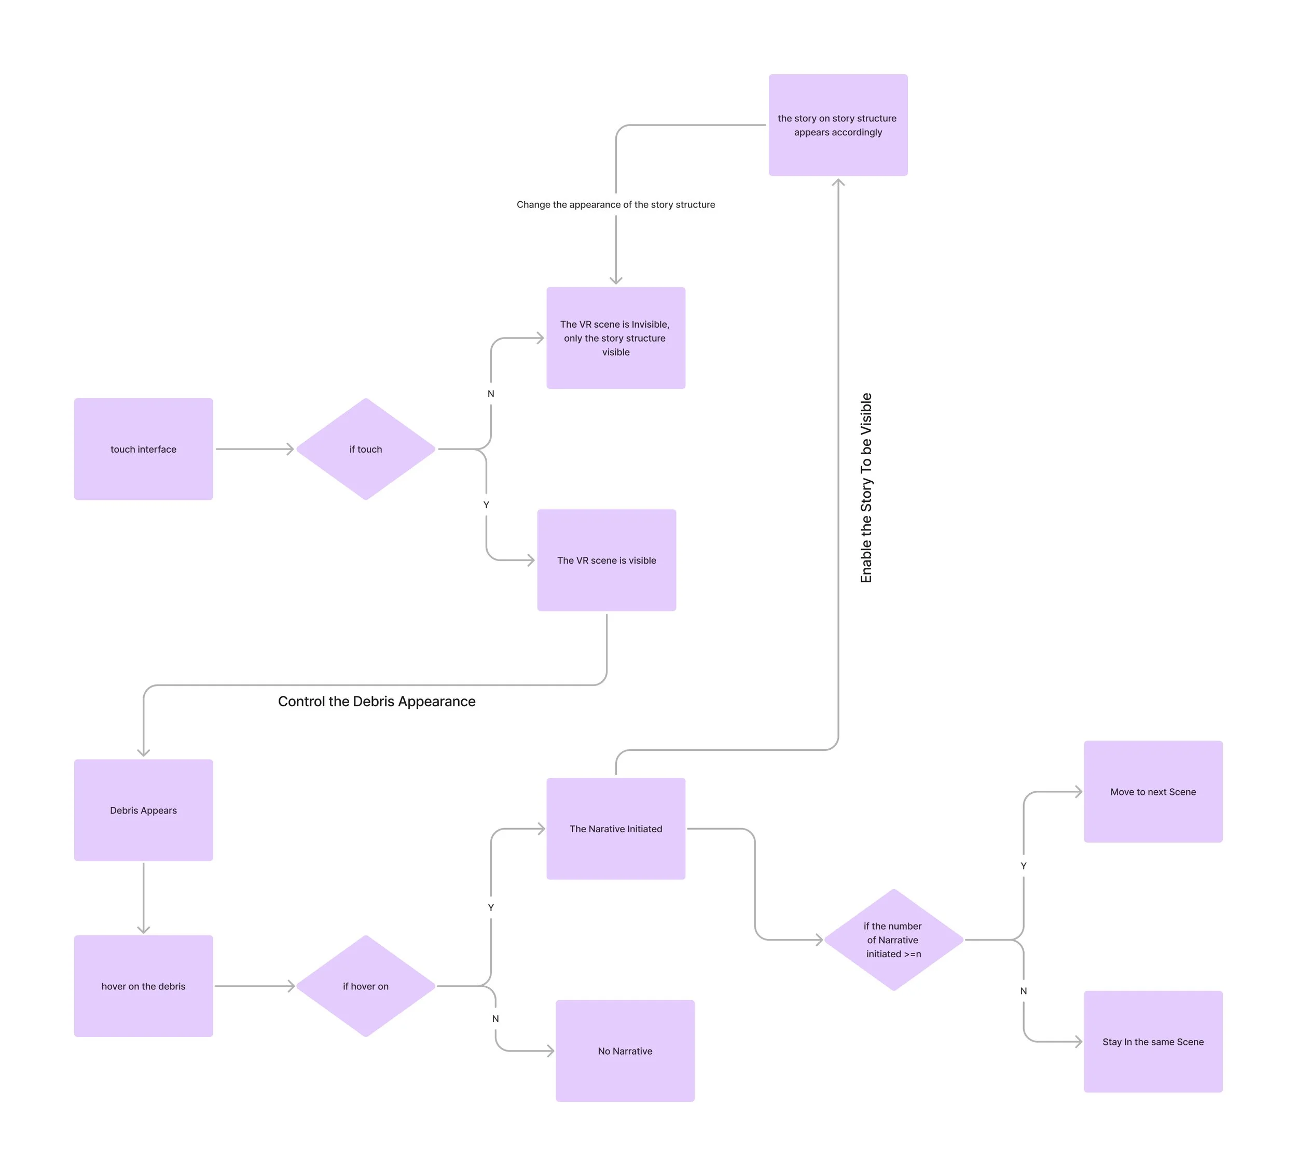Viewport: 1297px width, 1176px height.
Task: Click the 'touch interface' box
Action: (x=144, y=449)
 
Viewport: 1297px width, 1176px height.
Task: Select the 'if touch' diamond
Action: (x=365, y=449)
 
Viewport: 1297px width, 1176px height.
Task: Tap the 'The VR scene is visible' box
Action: (x=606, y=560)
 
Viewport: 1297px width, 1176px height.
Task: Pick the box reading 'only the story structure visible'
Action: (x=616, y=338)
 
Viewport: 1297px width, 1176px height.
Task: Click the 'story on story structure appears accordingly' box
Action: (x=838, y=125)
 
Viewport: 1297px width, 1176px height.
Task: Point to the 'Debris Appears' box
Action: (x=144, y=810)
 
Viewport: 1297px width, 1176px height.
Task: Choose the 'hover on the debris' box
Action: (x=144, y=986)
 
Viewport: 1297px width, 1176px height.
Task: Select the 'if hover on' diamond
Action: (x=365, y=986)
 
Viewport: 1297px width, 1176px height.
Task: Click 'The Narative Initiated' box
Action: (x=616, y=829)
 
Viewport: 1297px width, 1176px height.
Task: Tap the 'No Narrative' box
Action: (x=625, y=1051)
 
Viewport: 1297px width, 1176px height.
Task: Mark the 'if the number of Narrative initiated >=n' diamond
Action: (x=893, y=940)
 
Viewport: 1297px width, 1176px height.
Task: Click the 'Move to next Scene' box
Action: (x=1153, y=791)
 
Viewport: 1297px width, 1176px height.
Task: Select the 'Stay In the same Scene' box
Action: (x=1153, y=1042)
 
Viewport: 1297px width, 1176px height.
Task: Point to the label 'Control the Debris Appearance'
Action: (x=376, y=702)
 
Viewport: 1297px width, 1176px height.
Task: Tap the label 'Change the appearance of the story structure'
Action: (x=616, y=204)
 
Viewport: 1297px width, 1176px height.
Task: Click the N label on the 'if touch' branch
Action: (x=491, y=394)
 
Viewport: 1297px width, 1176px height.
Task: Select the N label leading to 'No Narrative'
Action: (x=495, y=1018)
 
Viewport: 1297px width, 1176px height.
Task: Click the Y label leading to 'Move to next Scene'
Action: (x=1024, y=866)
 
